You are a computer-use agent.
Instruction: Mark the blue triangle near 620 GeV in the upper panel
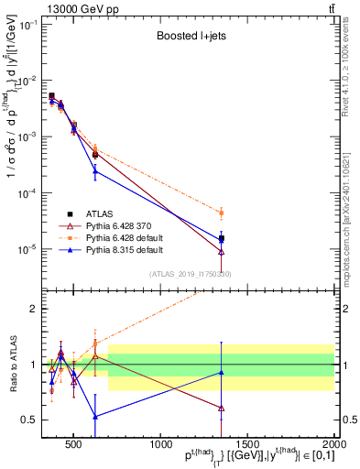point(95,171)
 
